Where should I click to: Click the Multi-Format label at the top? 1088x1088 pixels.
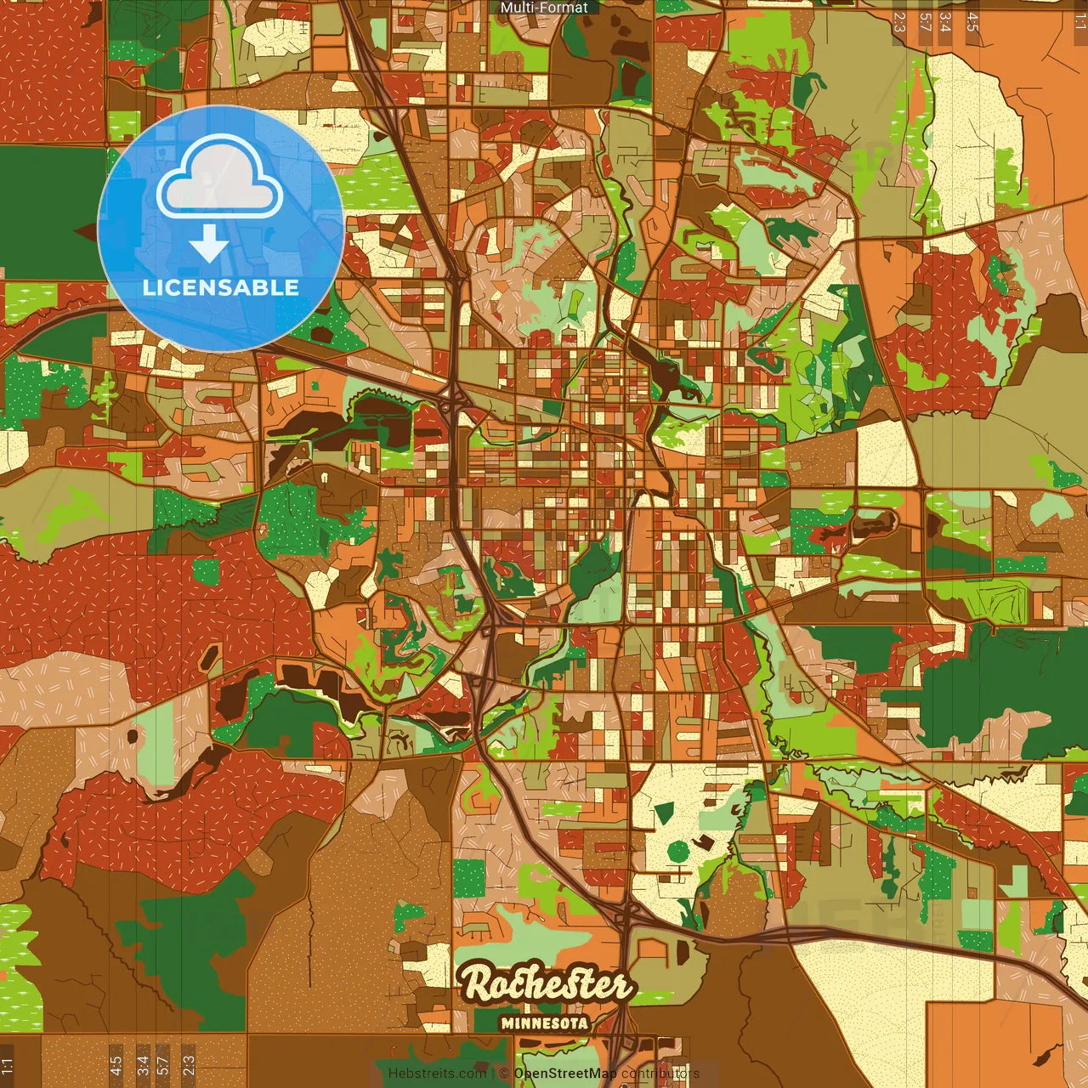[x=544, y=8]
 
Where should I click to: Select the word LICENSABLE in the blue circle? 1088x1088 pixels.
[x=221, y=287]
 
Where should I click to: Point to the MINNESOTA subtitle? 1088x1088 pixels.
[x=544, y=1023]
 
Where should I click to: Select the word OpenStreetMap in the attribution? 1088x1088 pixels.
[x=565, y=1074]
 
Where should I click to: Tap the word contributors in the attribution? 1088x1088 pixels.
[x=660, y=1074]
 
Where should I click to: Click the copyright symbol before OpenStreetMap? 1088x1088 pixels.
[x=504, y=1074]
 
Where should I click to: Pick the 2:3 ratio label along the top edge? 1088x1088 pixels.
[x=898, y=21]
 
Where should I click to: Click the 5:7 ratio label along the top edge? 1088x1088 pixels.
[x=925, y=21]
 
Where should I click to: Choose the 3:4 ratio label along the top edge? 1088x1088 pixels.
[x=945, y=21]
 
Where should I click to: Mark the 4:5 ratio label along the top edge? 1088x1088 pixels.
[x=972, y=21]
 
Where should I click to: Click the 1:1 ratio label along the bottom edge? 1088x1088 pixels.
[x=8, y=1066]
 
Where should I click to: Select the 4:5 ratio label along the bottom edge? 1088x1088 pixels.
[x=116, y=1066]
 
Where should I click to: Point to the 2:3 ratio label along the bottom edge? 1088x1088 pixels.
[x=189, y=1066]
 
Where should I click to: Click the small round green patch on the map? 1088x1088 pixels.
[x=677, y=850]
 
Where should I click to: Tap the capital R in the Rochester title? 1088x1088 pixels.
[x=478, y=984]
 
